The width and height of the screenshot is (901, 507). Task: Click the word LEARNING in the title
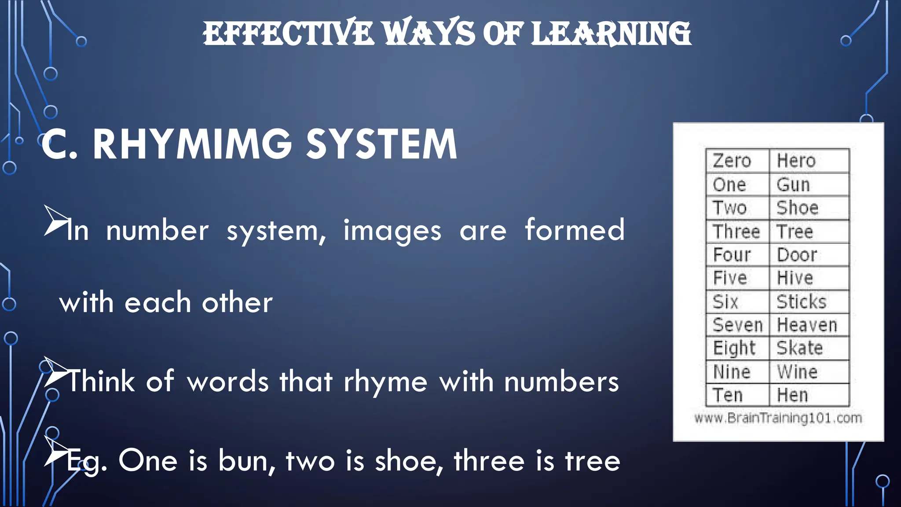click(611, 34)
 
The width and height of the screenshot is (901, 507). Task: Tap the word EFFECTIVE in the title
click(288, 34)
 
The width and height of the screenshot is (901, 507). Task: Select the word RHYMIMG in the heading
click(192, 144)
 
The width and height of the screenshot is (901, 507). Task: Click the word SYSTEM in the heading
click(381, 144)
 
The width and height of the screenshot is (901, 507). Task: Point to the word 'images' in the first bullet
click(392, 231)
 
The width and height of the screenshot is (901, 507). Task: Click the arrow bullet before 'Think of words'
click(56, 373)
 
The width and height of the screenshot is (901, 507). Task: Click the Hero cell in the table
click(809, 161)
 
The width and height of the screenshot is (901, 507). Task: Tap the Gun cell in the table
click(809, 185)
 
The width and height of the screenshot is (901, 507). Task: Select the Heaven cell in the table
click(809, 325)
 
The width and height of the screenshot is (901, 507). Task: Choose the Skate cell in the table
click(809, 349)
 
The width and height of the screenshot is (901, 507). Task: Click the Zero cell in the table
click(737, 161)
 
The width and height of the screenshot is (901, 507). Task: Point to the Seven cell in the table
click(737, 325)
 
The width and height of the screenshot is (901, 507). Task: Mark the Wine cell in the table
click(809, 372)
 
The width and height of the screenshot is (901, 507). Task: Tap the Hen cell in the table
click(809, 395)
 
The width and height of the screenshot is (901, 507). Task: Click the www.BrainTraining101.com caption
click(778, 418)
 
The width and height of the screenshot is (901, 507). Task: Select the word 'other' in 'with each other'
click(237, 303)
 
